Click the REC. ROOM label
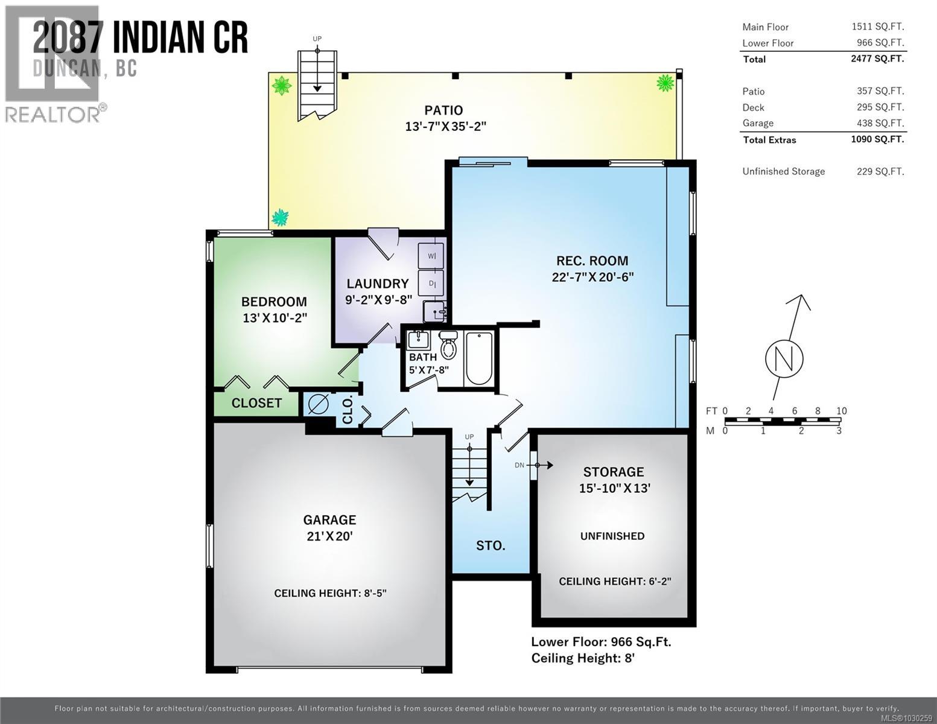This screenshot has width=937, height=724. pyautogui.click(x=591, y=261)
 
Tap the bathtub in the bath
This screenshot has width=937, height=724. pyautogui.click(x=479, y=357)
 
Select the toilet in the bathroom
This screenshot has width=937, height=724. pyautogui.click(x=448, y=346)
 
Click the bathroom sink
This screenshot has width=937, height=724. pyautogui.click(x=418, y=340)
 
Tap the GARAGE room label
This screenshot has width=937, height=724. pyautogui.click(x=329, y=519)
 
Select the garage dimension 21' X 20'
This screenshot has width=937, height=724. pyautogui.click(x=329, y=536)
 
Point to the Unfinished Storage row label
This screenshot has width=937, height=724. pyautogui.click(x=783, y=171)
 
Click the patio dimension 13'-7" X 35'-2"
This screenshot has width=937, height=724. pyautogui.click(x=445, y=127)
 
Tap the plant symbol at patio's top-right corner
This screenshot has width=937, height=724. pyautogui.click(x=665, y=83)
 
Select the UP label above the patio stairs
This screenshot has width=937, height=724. pyautogui.click(x=317, y=39)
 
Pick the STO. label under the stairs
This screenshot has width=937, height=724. pyautogui.click(x=491, y=545)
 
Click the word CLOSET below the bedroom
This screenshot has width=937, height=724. pyautogui.click(x=256, y=403)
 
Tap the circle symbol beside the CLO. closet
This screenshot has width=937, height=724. pyautogui.click(x=318, y=404)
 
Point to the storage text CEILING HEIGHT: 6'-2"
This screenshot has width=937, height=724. pyautogui.click(x=614, y=581)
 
